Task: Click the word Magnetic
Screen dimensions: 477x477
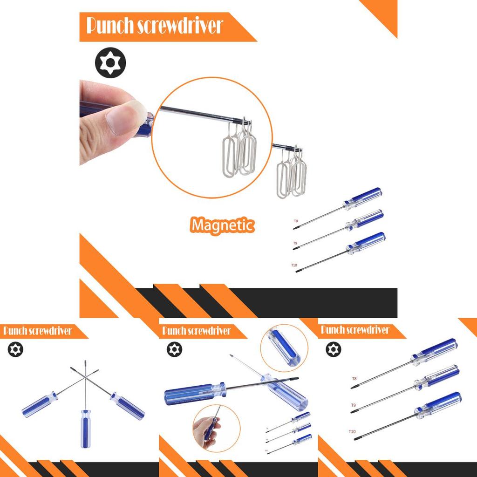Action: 222,225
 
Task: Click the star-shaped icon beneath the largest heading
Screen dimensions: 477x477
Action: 110,62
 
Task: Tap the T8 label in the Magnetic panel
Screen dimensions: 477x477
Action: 295,222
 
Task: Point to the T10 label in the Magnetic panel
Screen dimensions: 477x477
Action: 294,265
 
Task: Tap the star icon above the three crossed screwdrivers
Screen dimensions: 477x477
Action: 15,349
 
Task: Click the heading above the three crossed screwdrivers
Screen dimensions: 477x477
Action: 37,331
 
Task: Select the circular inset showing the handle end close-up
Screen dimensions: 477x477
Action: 284,348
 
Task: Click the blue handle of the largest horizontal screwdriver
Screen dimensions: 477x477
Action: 191,394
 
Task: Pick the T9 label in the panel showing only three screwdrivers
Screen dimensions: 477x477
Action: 354,405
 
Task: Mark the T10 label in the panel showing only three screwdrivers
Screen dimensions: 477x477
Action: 352,432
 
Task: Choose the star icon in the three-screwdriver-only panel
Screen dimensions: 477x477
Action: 334,349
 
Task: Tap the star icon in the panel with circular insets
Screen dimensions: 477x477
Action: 174,349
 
